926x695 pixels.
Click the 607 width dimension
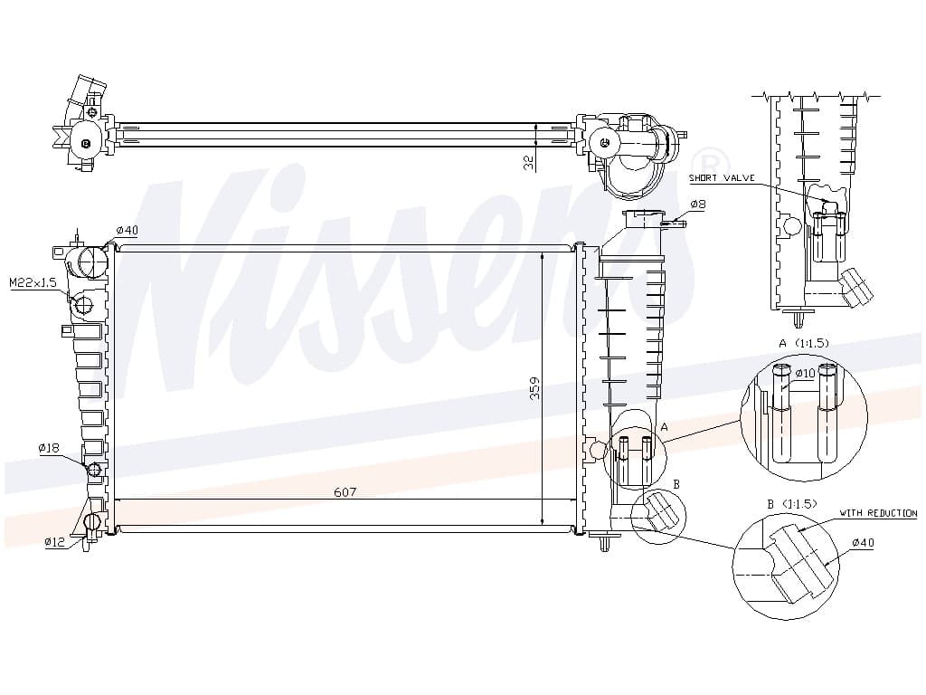click(x=345, y=491)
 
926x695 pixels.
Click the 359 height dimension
click(x=535, y=388)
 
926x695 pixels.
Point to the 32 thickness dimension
click(x=530, y=163)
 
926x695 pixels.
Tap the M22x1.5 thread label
click(x=33, y=283)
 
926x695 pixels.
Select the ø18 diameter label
click(x=49, y=449)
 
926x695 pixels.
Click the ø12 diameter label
click(x=55, y=541)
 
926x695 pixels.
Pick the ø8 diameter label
click(x=698, y=205)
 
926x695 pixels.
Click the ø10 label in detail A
click(x=805, y=374)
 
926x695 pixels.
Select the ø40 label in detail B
click(x=864, y=543)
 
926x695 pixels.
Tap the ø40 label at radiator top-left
click(x=127, y=230)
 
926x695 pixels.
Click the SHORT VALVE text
click(x=722, y=178)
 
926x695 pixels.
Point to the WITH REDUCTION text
click(x=879, y=514)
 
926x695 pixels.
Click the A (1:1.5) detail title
click(x=804, y=343)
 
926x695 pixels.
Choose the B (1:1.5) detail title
click(x=792, y=504)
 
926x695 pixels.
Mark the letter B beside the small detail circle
click(x=676, y=484)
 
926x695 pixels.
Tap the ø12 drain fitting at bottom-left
click(x=93, y=522)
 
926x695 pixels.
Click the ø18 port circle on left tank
click(x=94, y=470)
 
